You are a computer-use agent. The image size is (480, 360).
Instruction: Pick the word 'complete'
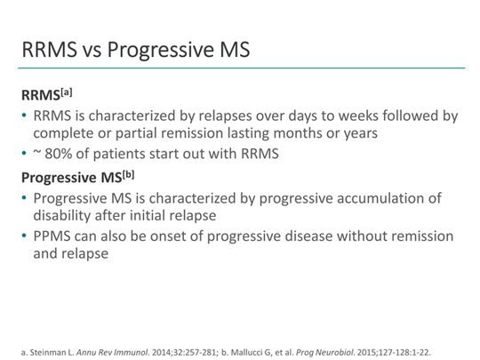pos(68,135)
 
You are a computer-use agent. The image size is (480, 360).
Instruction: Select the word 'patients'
pos(126,154)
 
